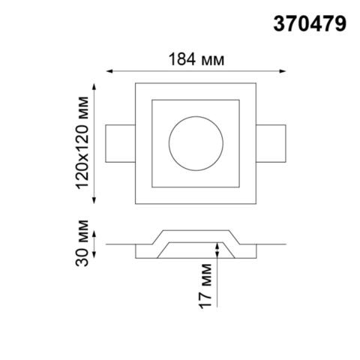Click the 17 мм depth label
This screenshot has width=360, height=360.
(x=208, y=287)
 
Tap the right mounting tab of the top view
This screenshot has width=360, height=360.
(x=272, y=142)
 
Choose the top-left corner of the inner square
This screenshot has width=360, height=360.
(x=152, y=98)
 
